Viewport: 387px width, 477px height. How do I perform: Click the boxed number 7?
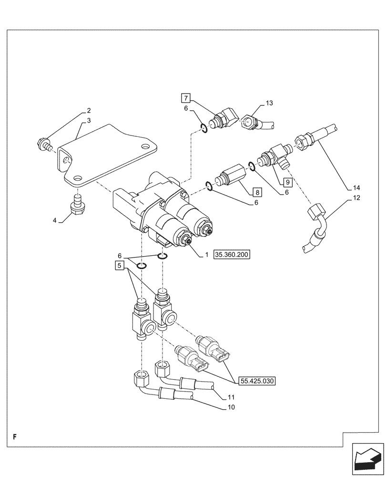185,99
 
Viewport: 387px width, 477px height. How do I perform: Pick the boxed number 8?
257,193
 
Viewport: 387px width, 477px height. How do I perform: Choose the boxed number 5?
119,265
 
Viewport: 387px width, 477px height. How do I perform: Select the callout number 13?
269,103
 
